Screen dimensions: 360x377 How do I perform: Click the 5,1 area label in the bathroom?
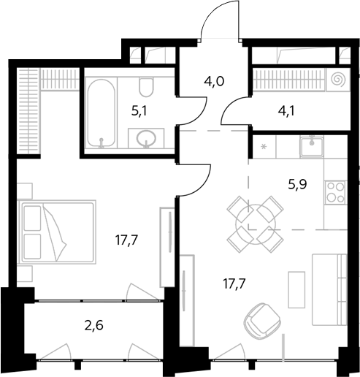[x=139, y=112]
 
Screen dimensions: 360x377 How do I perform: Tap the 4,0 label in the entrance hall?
[x=214, y=81]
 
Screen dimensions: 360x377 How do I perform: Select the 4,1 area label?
[x=286, y=111]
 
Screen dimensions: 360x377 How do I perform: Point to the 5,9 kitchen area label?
[x=297, y=185]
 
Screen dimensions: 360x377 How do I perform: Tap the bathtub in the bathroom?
[x=101, y=113]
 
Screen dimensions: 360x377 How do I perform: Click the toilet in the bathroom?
[x=146, y=87]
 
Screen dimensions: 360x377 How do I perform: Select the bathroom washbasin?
[x=146, y=139]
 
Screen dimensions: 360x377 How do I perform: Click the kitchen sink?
[x=312, y=146]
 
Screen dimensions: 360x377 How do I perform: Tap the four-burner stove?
[x=336, y=192]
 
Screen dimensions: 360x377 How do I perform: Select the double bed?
[x=58, y=232]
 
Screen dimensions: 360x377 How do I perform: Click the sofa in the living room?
[x=329, y=290]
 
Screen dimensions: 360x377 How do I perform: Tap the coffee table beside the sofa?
[x=296, y=289]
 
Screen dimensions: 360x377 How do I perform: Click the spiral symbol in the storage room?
[x=338, y=79]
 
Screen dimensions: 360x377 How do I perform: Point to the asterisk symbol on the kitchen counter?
[x=264, y=147]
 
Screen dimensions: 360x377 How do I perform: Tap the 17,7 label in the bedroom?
[x=126, y=240]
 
